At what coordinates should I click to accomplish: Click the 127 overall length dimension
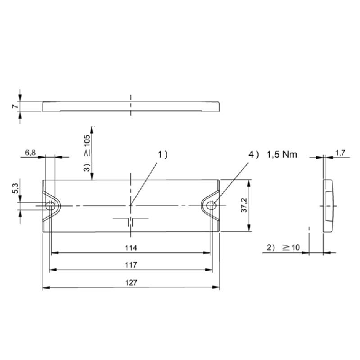coord(131,282)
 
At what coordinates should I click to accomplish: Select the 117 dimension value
coord(131,265)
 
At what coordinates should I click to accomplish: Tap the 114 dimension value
coord(131,248)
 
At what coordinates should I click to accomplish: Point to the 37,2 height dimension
coord(244,205)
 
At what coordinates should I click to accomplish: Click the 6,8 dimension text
coord(30,152)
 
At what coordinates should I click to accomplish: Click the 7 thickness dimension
coord(15,106)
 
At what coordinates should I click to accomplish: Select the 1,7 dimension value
coord(340,153)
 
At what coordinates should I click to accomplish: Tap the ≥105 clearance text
coord(87,145)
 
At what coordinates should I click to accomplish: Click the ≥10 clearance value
coord(291,247)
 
